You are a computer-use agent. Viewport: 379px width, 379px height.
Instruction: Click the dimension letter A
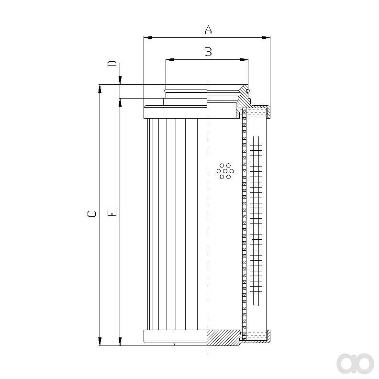coord(208,29)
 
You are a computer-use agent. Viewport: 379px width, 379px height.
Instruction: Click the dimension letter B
coord(208,52)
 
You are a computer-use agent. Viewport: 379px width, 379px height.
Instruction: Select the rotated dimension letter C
coord(91,214)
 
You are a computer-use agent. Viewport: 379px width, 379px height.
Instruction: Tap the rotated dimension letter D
coord(112,64)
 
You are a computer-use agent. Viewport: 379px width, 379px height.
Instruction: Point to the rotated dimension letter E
coord(112,213)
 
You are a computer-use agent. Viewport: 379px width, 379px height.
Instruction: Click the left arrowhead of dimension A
coord(148,37)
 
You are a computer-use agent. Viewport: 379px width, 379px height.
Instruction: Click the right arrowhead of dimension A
coord(266,37)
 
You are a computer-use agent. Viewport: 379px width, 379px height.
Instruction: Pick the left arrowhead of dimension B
coord(170,59)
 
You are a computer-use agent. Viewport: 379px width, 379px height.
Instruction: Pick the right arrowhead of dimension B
coord(244,59)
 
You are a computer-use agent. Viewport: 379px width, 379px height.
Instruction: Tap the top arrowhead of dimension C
coord(100,89)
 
